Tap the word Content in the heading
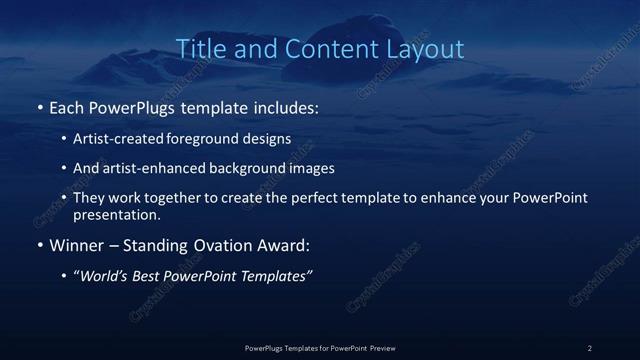(319, 49)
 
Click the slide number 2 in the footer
(590, 348)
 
